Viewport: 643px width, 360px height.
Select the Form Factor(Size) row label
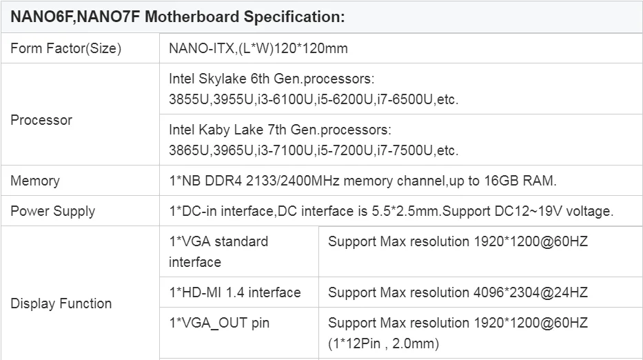(65, 48)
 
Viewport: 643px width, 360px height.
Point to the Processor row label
(41, 120)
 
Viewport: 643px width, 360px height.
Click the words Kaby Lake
(227, 130)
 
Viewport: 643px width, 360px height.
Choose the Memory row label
(35, 181)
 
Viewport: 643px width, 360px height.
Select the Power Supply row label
(52, 211)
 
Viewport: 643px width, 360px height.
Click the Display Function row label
(61, 303)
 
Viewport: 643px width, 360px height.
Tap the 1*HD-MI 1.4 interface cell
(234, 292)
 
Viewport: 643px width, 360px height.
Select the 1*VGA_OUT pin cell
(219, 323)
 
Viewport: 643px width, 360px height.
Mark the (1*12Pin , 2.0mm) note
(383, 343)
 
